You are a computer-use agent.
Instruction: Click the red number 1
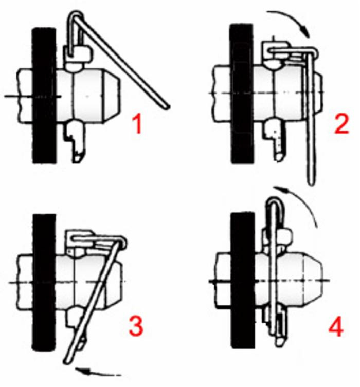[x=137, y=125]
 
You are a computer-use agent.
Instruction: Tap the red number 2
[x=341, y=125]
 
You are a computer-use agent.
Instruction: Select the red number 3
[x=136, y=326]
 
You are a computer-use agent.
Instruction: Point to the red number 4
[x=336, y=326]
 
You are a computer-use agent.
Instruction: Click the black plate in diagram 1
[x=44, y=96]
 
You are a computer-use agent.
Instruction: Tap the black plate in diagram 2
[x=241, y=94]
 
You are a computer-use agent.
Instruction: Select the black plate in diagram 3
[x=44, y=282]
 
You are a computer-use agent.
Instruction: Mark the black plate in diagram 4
[x=242, y=281]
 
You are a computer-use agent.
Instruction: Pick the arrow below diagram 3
[x=98, y=372]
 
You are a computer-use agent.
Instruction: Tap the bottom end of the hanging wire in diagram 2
[x=311, y=182]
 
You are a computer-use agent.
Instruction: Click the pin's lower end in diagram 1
[x=78, y=158]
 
